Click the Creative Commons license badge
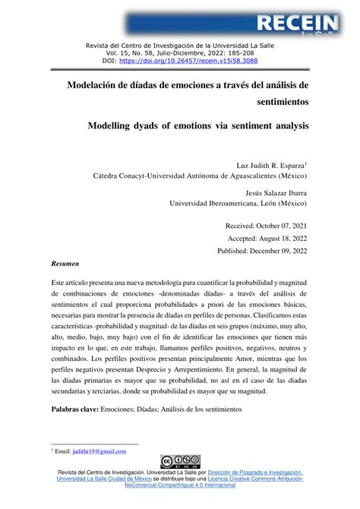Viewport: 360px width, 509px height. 180,462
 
